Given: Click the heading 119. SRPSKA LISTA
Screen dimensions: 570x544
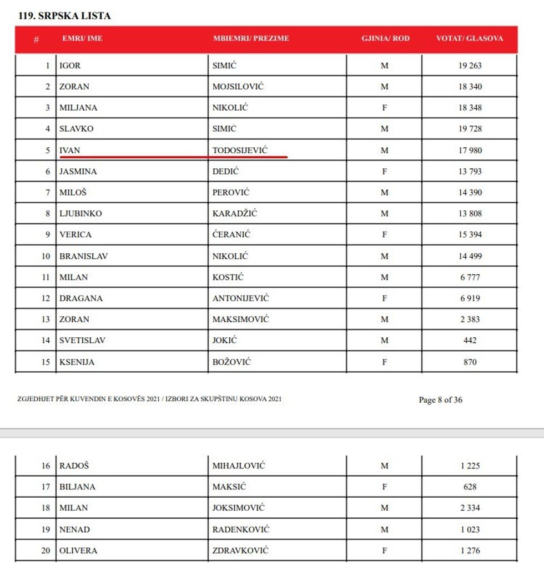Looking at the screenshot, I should click(x=64, y=16).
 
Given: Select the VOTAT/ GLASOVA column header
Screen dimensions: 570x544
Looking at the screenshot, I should click(x=470, y=39).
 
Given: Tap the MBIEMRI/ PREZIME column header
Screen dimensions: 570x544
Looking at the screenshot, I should click(x=251, y=39).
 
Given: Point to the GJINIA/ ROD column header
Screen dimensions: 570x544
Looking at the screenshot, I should click(x=385, y=39).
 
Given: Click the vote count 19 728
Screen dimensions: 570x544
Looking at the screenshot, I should click(x=470, y=129).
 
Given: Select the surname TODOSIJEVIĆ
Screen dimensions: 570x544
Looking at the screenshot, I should click(x=248, y=151).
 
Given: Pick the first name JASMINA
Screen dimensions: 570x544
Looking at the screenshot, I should click(x=78, y=172).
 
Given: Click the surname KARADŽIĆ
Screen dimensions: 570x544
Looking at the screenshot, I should click(x=235, y=214).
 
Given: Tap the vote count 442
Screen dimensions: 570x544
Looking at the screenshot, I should click(x=470, y=341).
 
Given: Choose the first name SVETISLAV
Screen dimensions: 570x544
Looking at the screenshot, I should click(x=82, y=341).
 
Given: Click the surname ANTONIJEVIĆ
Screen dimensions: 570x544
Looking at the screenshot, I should click(x=240, y=298).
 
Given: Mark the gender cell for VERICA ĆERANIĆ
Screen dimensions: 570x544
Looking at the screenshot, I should click(x=384, y=235).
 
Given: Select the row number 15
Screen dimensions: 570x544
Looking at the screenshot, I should click(x=46, y=362).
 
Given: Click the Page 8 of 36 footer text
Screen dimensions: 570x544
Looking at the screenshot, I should click(x=440, y=400).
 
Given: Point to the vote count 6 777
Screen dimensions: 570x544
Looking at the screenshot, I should click(x=470, y=277).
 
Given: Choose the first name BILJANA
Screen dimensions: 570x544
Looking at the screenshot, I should click(x=77, y=487).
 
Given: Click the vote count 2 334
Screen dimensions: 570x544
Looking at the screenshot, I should click(x=470, y=508).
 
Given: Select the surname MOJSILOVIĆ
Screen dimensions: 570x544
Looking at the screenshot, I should click(x=238, y=87).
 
